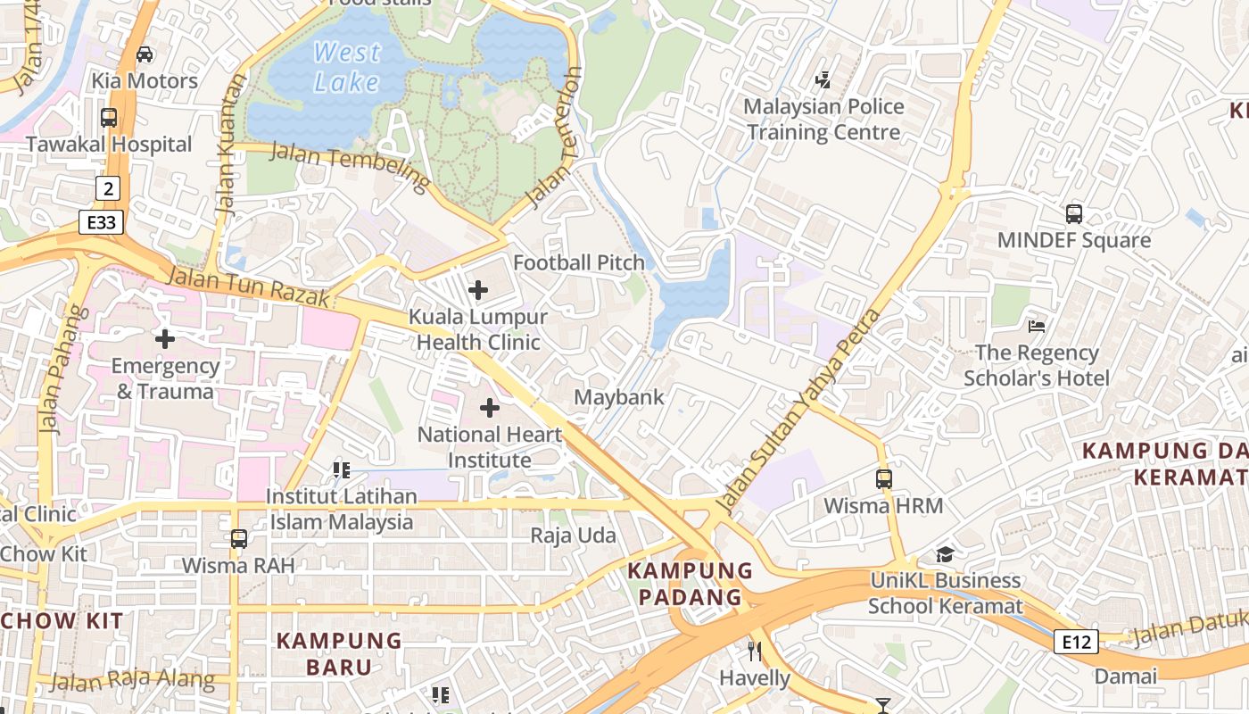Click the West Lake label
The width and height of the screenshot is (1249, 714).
click(347, 67)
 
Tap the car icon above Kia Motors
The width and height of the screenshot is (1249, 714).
click(145, 54)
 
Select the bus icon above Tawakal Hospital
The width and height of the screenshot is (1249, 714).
click(109, 118)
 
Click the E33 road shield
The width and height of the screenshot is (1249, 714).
click(101, 222)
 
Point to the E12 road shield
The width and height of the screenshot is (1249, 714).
click(1075, 642)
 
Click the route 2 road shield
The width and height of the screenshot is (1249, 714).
click(108, 187)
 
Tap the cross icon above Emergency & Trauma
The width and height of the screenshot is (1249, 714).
click(165, 339)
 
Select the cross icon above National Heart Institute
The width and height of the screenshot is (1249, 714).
click(489, 408)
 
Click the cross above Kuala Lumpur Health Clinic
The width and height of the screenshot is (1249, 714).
click(478, 290)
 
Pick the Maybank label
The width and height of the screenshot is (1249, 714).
click(619, 397)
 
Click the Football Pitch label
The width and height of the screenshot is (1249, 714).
click(578, 262)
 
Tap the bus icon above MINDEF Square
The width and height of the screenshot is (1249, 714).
click(1074, 214)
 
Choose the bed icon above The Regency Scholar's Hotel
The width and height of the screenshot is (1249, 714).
click(1037, 327)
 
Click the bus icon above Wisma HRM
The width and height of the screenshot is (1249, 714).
click(883, 479)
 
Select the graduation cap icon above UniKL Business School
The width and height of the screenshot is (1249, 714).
click(946, 554)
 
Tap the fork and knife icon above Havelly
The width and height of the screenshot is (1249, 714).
click(755, 652)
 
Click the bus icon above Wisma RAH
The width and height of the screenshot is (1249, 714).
click(238, 539)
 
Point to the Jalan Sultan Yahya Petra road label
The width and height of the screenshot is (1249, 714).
click(798, 412)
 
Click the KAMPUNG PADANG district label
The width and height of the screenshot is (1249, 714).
click(690, 584)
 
